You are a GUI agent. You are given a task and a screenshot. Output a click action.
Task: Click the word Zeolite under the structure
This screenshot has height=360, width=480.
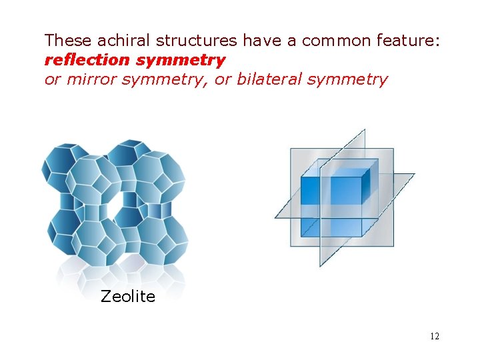tap(127, 297)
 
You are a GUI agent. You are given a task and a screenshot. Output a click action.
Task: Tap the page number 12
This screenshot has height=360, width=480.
tap(434, 336)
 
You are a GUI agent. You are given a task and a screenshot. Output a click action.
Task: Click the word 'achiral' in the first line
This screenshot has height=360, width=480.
tap(121, 41)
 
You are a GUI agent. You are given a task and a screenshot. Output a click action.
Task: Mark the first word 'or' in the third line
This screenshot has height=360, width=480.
tap(51, 80)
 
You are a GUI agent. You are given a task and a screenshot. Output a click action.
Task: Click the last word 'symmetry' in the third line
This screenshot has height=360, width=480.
tap(348, 80)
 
